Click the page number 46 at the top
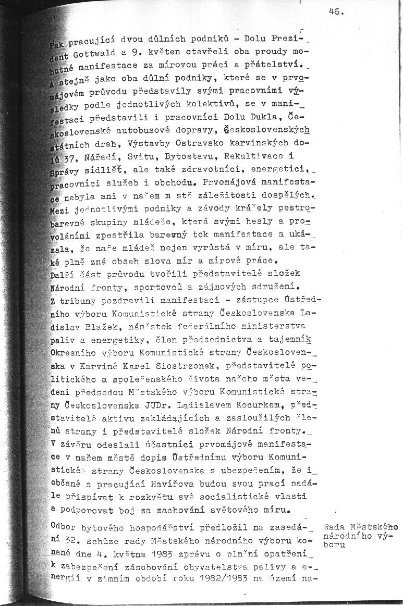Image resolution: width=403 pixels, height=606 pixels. [x=336, y=14]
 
